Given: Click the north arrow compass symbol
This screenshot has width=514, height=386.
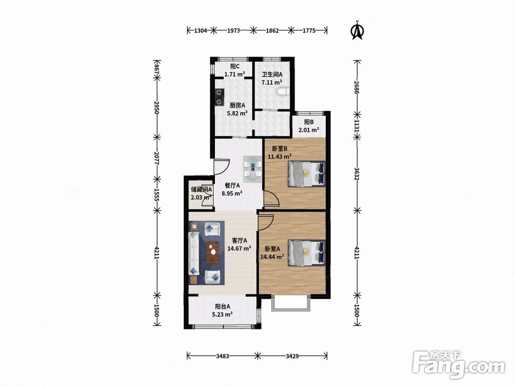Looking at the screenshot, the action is (358, 30).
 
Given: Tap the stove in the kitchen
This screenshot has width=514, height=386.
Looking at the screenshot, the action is (219, 97).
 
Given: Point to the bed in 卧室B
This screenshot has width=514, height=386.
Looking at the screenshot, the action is (306, 174).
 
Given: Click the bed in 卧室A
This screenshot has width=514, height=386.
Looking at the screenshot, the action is (306, 252).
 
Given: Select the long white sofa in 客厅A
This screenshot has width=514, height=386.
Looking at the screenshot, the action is (194, 253).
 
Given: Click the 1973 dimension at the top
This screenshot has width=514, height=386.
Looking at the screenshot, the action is (233, 30).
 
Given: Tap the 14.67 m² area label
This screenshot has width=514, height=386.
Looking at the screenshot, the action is (240, 249).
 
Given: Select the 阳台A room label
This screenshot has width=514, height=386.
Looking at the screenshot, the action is (223, 306).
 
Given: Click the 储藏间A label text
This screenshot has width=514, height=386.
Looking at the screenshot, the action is (201, 189).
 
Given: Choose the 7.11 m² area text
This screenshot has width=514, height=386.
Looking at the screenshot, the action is (272, 82).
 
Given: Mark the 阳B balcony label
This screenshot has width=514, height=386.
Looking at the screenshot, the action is (309, 122).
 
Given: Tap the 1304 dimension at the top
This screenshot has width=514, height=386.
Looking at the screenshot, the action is (200, 30).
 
